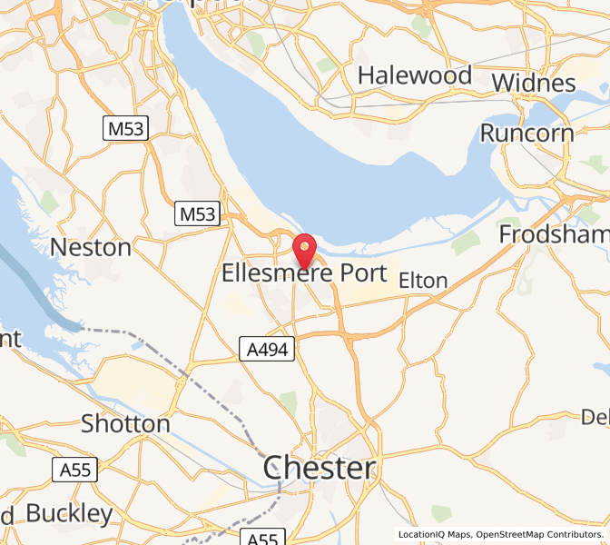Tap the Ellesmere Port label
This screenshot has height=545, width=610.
tap(304, 272)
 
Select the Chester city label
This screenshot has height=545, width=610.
tap(319, 469)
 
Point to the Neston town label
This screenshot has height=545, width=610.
tap(91, 246)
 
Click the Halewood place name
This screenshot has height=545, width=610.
tap(415, 75)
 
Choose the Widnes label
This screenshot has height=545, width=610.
tap(534, 83)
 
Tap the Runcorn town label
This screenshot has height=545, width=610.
tap(526, 133)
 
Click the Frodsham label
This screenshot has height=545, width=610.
tap(553, 234)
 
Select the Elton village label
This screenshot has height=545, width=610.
tap(423, 281)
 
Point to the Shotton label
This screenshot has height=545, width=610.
tap(125, 423)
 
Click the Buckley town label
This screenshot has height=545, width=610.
tap(69, 513)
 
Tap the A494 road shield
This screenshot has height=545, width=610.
tap(267, 349)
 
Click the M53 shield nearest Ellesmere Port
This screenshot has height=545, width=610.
tap(198, 214)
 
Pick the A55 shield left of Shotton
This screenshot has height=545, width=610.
tap(75, 470)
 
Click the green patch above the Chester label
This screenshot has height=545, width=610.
tap(289, 401)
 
